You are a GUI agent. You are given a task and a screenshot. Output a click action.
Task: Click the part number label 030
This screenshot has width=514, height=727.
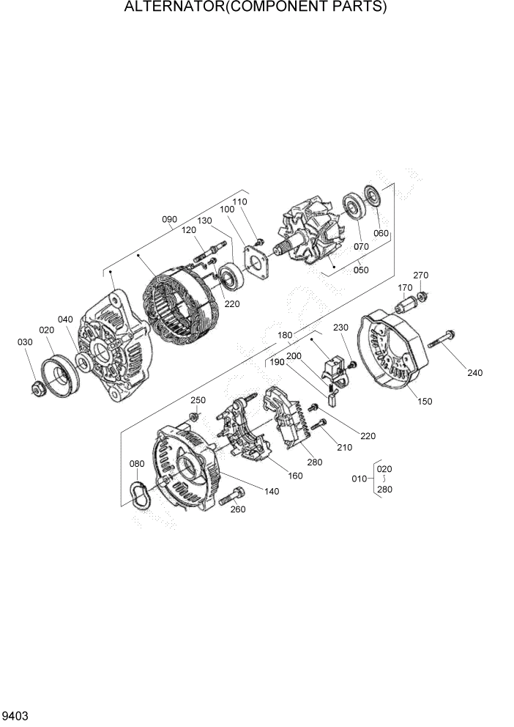(26, 342)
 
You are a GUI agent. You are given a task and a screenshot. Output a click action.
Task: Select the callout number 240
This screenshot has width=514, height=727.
(475, 373)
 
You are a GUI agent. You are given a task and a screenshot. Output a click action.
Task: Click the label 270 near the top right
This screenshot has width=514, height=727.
(420, 275)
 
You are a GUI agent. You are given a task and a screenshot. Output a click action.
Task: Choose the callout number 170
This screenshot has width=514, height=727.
(405, 287)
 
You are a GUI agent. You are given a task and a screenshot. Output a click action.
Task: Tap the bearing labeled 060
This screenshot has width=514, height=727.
(374, 198)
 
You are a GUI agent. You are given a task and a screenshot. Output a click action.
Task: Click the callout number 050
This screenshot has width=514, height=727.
(361, 270)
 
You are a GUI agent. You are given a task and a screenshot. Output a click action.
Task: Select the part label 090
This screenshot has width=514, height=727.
(170, 219)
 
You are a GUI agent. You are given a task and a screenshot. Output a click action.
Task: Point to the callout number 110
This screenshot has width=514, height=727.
(240, 202)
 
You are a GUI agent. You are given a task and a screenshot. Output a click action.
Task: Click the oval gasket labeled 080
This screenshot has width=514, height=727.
(137, 493)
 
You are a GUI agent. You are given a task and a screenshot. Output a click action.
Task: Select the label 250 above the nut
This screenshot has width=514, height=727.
(198, 399)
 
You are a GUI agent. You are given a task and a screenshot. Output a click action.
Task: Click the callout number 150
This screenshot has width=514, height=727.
(425, 401)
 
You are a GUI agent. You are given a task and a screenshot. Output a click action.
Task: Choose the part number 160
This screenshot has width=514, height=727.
(295, 476)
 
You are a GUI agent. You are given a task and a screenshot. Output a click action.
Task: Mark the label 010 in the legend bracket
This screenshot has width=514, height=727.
(360, 479)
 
